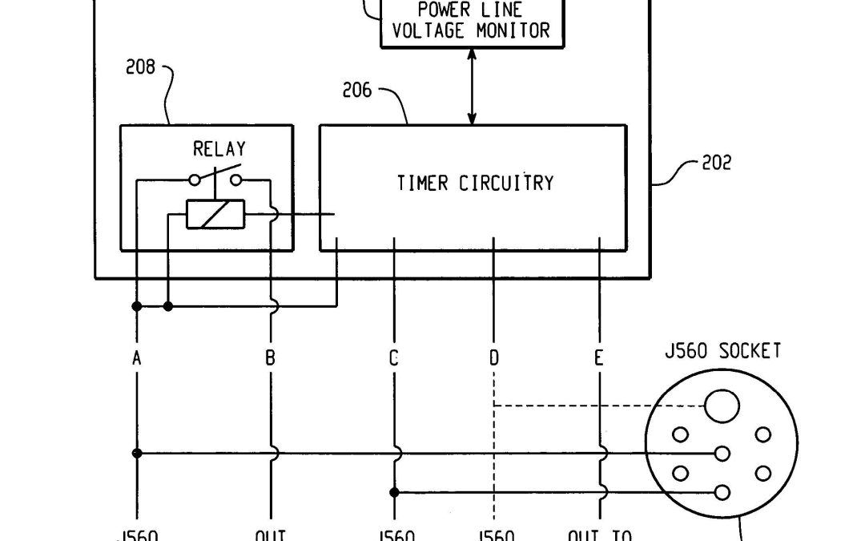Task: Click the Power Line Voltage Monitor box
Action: [470, 22]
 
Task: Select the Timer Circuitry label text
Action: [475, 184]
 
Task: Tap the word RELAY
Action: [219, 149]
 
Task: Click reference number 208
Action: [140, 67]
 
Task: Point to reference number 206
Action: [356, 91]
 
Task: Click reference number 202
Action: [716, 163]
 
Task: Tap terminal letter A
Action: [137, 358]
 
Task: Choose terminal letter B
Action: [271, 358]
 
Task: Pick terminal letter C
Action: [394, 358]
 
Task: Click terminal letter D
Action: [494, 358]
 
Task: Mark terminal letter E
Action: [599, 358]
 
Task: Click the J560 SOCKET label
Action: [722, 351]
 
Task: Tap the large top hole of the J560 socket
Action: [721, 405]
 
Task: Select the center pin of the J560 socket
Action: [722, 454]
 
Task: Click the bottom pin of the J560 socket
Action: [722, 492]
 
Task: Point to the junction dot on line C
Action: [394, 492]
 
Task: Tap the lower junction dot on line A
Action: [137, 454]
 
